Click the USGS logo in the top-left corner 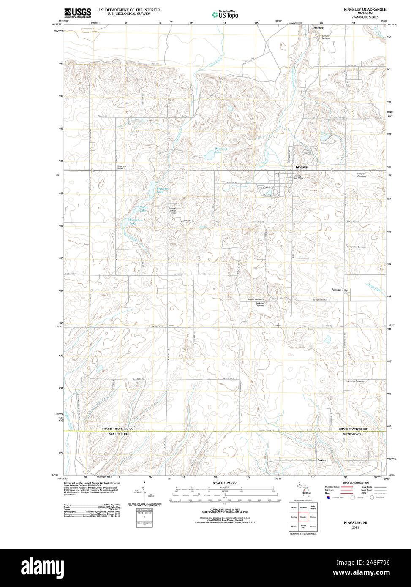[x=77, y=13]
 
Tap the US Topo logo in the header [x=225, y=15]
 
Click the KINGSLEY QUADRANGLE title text [x=365, y=9]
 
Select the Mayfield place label [x=319, y=28]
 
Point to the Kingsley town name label [x=302, y=167]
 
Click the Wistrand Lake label [x=221, y=150]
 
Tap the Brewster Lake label [x=163, y=190]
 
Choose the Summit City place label [x=339, y=290]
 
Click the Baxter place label [x=321, y=460]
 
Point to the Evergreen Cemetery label [x=362, y=175]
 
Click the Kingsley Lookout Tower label [x=172, y=210]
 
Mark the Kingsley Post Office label [x=298, y=177]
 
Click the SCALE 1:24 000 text [x=225, y=483]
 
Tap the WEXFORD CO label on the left [x=117, y=434]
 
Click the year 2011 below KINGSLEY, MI [x=355, y=527]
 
